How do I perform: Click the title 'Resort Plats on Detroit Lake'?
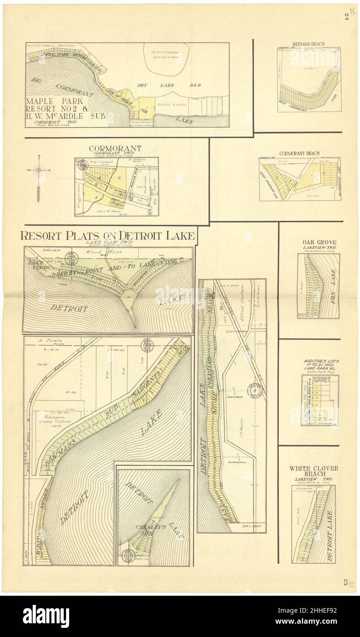[108, 236]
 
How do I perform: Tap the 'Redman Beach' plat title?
[308, 44]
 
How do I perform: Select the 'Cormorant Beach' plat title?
[300, 153]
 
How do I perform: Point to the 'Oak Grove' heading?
[319, 242]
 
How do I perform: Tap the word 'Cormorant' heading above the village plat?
[115, 148]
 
